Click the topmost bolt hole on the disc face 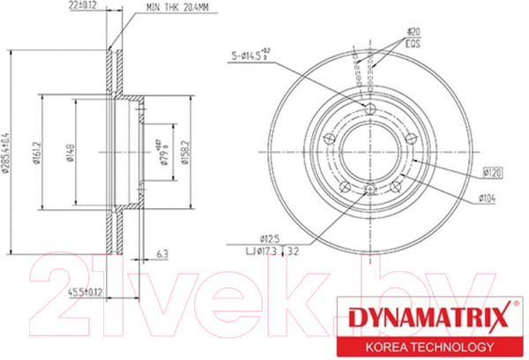click(x=370, y=109)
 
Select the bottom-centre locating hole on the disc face click(x=370, y=188)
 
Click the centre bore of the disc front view click(x=370, y=148)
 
